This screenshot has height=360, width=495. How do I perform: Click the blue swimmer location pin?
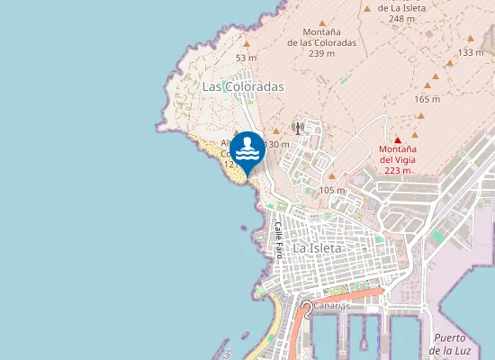248,149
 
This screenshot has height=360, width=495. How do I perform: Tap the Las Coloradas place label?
243,86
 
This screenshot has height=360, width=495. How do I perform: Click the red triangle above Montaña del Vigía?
398,139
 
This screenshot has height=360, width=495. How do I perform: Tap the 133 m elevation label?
471,52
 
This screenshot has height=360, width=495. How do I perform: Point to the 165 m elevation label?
427,99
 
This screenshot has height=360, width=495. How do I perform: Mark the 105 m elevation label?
332,190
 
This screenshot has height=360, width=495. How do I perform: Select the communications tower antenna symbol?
298,128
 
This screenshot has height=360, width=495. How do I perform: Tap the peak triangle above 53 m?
247,41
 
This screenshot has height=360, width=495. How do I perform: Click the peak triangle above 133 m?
470,39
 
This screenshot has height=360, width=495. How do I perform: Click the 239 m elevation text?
321,53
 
